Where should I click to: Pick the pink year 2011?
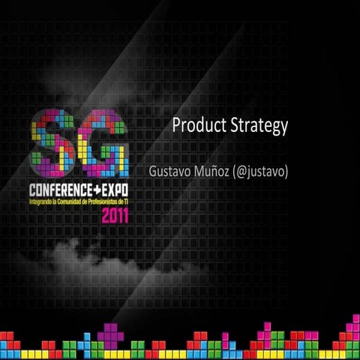(x=115, y=216)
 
